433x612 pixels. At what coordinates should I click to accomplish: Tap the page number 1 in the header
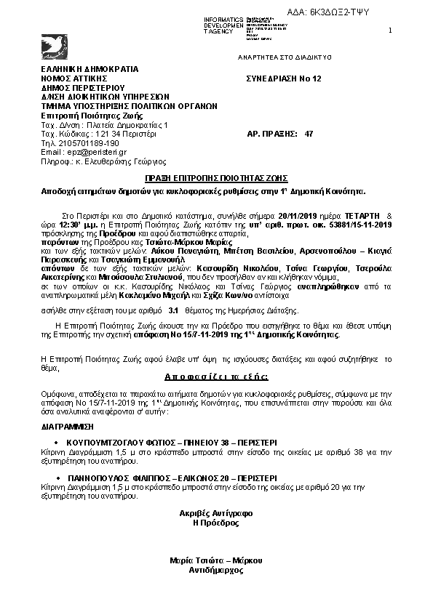pyautogui.click(x=390, y=30)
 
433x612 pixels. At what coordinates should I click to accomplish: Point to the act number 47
pyautogui.click(x=309, y=134)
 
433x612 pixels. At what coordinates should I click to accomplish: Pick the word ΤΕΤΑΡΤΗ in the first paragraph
pyautogui.click(x=362, y=216)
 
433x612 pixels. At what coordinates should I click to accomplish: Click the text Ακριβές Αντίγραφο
pyautogui.click(x=215, y=513)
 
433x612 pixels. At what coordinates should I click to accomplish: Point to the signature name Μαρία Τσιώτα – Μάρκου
pyautogui.click(x=215, y=560)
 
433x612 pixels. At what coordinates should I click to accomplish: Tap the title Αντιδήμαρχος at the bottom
pyautogui.click(x=215, y=571)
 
